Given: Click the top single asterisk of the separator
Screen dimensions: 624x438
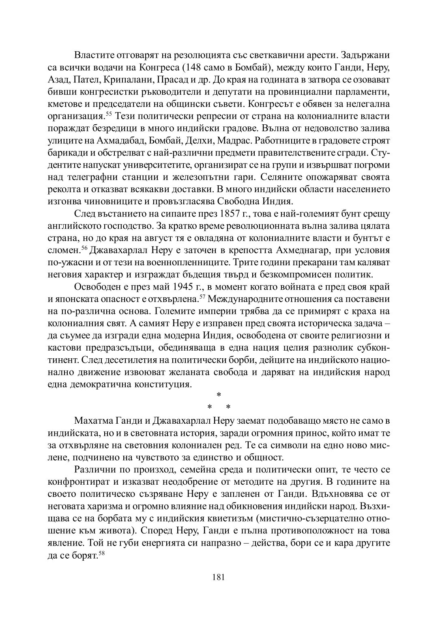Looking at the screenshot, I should pos(219,394).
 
